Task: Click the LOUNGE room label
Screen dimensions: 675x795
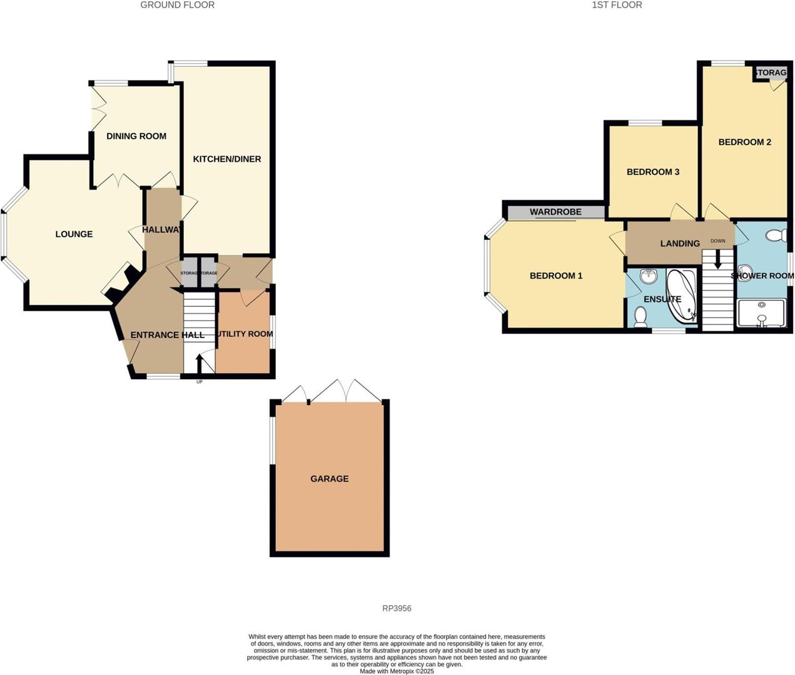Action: click(74, 234)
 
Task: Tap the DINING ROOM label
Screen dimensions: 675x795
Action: click(136, 136)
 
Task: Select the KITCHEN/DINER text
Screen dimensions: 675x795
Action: click(226, 159)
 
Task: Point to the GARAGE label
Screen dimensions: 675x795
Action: click(330, 479)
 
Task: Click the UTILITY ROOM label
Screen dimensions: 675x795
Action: click(245, 334)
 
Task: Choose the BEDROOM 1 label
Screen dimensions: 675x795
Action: click(556, 276)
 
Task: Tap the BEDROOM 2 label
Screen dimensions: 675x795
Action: click(744, 142)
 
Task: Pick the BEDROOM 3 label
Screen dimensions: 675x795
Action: click(653, 172)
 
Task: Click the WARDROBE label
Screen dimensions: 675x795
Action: click(555, 212)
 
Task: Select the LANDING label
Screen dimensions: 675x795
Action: click(680, 244)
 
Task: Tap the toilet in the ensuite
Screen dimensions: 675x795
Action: click(640, 317)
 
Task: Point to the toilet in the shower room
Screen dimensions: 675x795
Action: click(776, 236)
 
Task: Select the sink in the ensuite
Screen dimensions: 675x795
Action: click(648, 276)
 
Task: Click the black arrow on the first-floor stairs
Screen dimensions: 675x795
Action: click(717, 258)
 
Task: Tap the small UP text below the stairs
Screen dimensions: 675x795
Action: click(200, 381)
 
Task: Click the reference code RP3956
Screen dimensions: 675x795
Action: click(397, 608)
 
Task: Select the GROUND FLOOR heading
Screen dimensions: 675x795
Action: click(177, 5)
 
